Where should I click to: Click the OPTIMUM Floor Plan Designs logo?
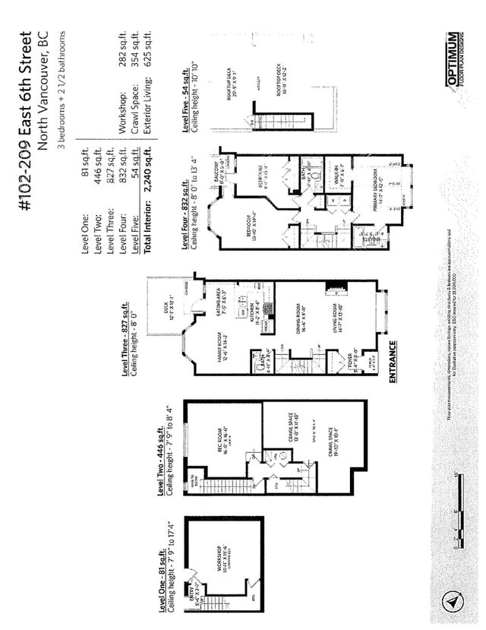[453, 60]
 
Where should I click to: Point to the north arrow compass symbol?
[450, 600]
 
